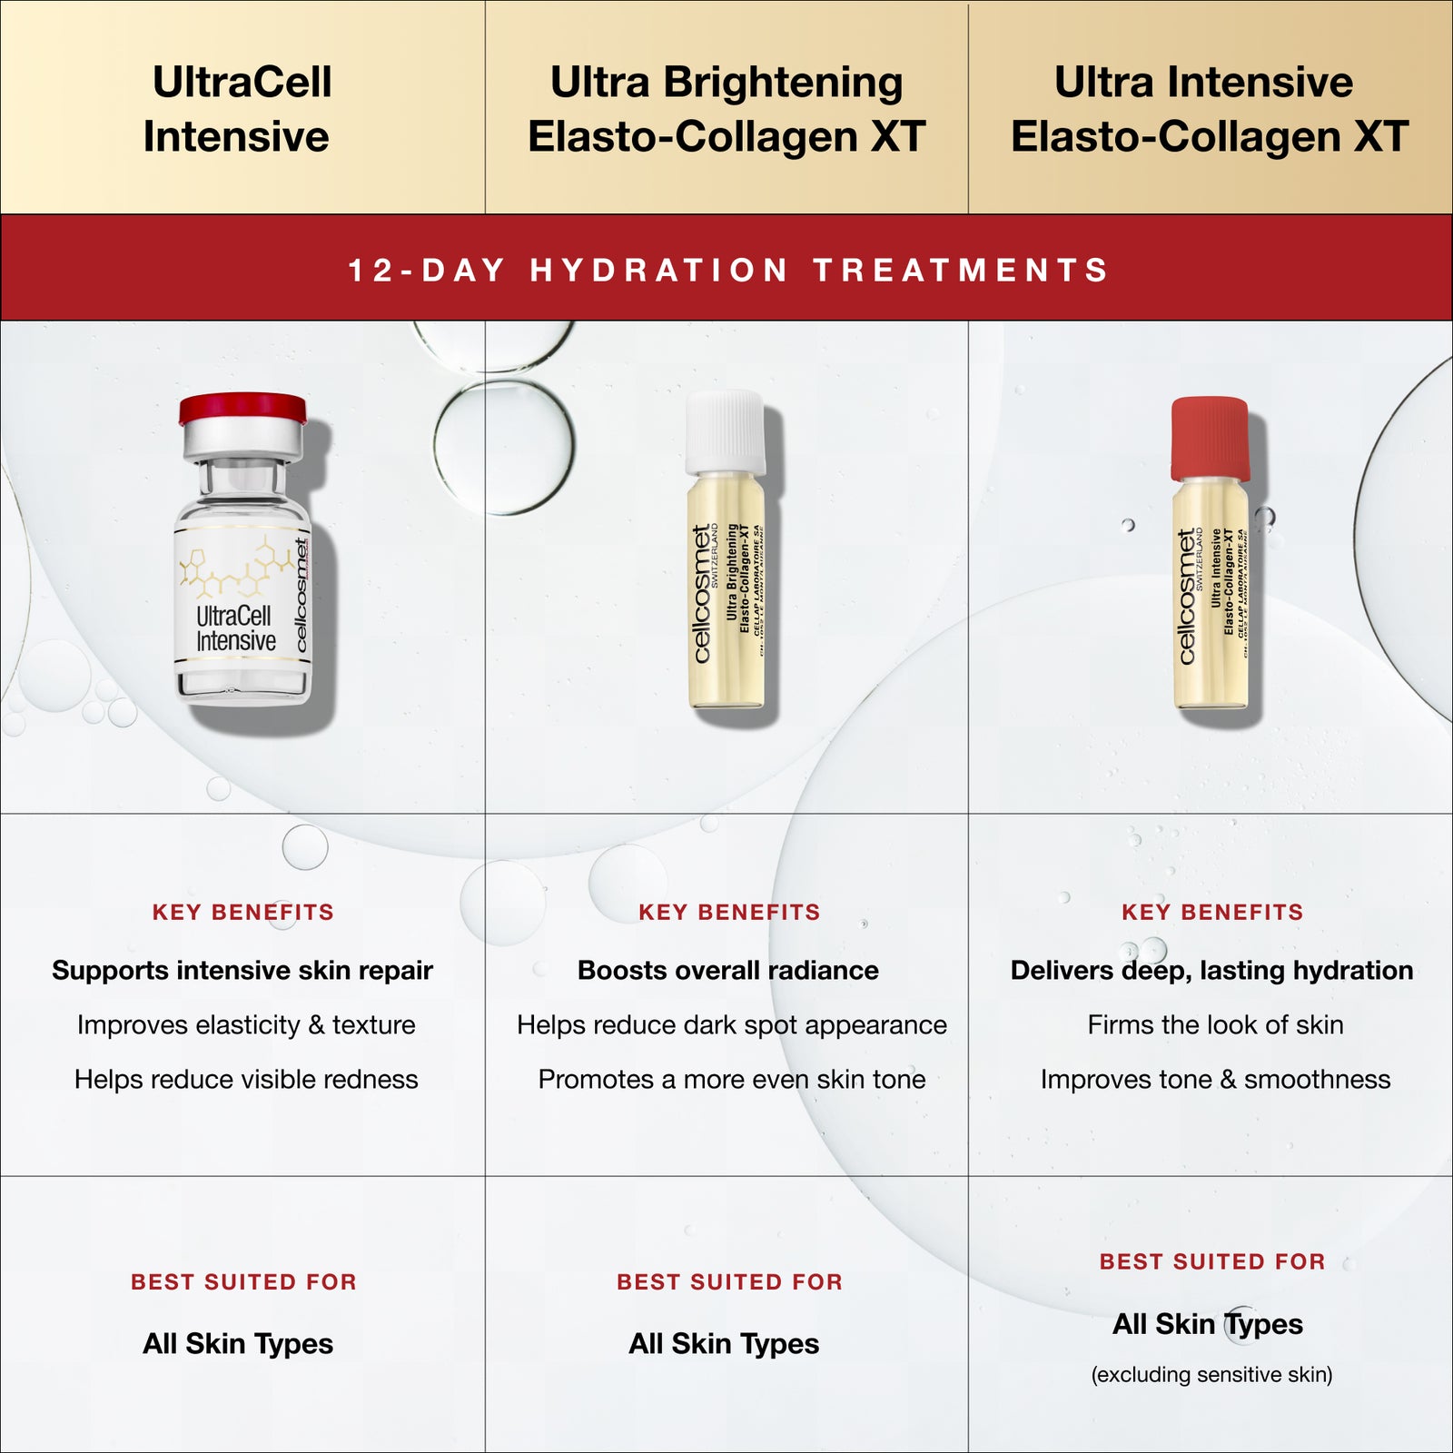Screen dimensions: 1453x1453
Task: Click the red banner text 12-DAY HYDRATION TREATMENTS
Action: tap(728, 270)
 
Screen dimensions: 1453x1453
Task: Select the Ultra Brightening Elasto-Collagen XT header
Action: tap(726, 109)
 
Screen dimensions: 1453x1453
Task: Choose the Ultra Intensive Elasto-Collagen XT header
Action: tap(1209, 109)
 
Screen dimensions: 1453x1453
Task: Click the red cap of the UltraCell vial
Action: tap(242, 408)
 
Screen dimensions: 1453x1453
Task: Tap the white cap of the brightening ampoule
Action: tap(725, 431)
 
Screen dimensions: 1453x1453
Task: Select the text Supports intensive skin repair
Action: tap(242, 970)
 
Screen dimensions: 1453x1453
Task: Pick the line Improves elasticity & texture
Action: tap(246, 1024)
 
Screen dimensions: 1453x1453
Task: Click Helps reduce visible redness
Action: tap(246, 1079)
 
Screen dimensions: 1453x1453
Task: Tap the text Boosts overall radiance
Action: tap(728, 970)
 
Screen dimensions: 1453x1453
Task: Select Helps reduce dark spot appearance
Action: tap(732, 1024)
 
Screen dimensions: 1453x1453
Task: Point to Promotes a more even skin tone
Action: tap(732, 1079)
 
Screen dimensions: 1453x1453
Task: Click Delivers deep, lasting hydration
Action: tap(1211, 970)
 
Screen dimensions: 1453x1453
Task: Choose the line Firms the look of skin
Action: tap(1215, 1024)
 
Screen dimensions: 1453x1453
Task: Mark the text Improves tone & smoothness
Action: tap(1215, 1079)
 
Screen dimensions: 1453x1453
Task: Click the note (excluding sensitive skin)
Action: tap(1211, 1374)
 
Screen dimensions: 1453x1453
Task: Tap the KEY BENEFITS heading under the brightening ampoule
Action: tap(729, 912)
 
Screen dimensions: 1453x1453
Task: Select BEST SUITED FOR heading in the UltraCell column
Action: tap(243, 1281)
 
